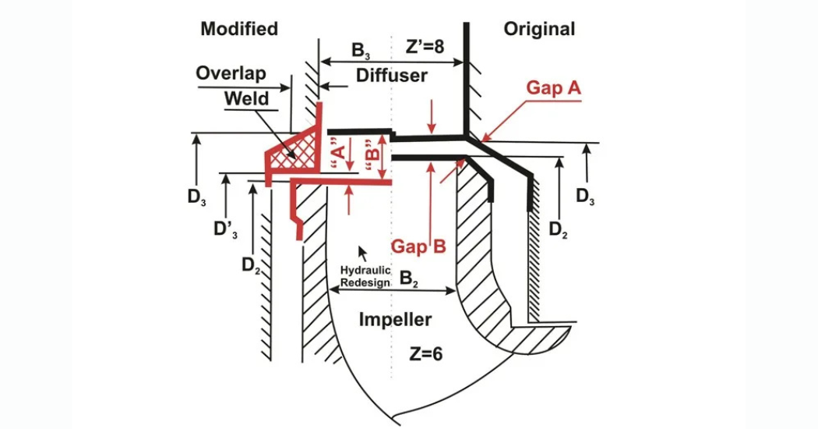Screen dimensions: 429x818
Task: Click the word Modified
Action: point(239,30)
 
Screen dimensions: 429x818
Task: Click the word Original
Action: point(539,30)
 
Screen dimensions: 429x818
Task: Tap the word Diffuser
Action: point(392,76)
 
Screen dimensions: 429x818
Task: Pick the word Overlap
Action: point(231,73)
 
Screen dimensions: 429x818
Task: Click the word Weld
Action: point(246,99)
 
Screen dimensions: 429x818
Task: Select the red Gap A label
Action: point(554,88)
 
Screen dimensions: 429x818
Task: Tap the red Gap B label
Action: point(418,247)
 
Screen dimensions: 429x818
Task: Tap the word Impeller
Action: point(395,319)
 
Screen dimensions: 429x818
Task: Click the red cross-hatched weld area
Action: point(294,151)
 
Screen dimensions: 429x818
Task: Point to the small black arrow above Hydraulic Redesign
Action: point(361,253)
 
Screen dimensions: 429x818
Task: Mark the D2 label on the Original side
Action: point(559,229)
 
